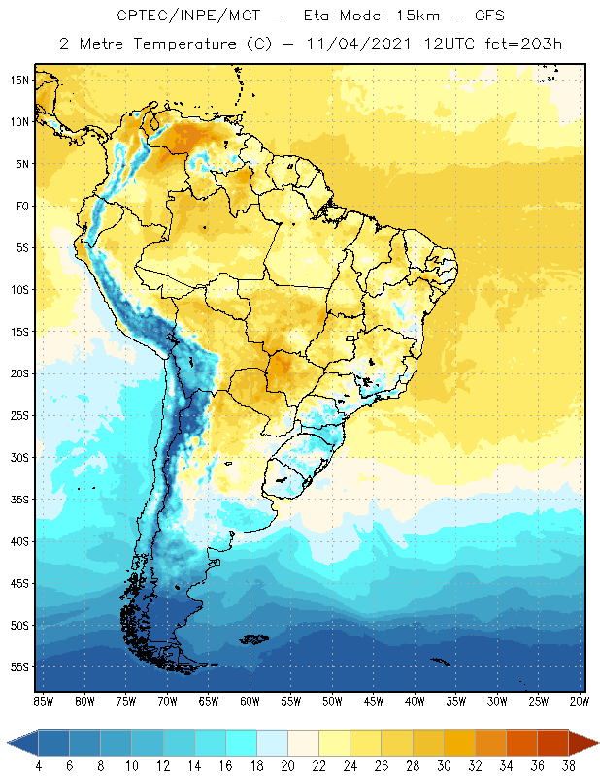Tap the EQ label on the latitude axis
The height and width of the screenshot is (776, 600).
(x=19, y=206)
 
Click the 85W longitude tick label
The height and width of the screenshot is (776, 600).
(x=43, y=700)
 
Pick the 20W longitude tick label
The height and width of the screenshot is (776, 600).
(x=579, y=700)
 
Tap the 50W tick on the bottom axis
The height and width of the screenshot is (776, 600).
(x=332, y=700)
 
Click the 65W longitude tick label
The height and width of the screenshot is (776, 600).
(x=208, y=700)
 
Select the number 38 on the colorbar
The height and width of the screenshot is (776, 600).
(x=569, y=765)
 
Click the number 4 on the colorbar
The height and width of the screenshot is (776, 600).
(x=39, y=765)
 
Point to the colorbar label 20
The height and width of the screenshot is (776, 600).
(x=287, y=765)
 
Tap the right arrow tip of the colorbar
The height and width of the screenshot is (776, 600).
(x=595, y=743)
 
